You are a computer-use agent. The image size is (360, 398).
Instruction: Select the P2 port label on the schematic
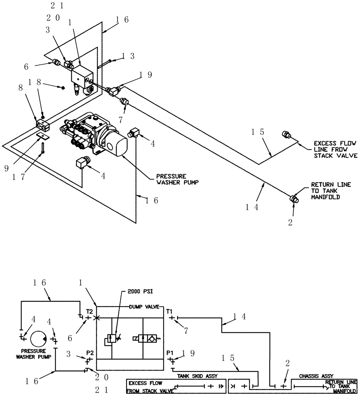pos(90,353)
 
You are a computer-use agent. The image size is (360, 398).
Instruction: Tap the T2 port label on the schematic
pos(89,310)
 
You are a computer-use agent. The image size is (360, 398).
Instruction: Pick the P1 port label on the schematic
pos(169,353)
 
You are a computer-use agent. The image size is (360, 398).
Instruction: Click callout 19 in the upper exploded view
pos(145,74)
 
